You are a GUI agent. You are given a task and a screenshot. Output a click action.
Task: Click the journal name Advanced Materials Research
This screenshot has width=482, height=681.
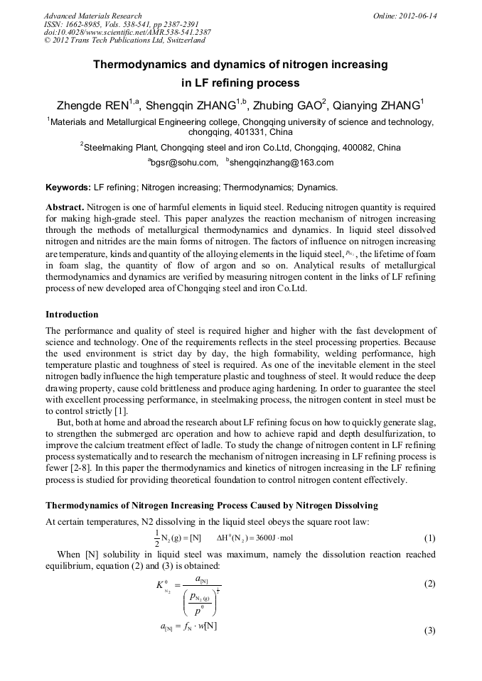pos(92,16)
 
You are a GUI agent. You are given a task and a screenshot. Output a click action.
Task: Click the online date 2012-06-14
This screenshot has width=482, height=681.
pos(415,16)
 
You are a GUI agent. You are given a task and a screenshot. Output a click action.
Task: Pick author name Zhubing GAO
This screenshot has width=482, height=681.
pos(291,106)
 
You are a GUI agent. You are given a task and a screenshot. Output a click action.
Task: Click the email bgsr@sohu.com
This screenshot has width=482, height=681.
pos(184,163)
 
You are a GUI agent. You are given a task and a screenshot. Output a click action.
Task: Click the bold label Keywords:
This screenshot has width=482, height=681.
pos(68,187)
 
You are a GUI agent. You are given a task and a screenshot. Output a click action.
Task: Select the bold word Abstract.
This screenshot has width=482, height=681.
pos(65,207)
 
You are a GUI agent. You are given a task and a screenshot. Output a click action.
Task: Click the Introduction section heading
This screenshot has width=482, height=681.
pos(72,314)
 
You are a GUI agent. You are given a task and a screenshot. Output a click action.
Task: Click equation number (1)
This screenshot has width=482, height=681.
pos(429,538)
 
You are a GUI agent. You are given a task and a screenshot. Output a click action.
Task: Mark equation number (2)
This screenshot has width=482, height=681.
pos(429,584)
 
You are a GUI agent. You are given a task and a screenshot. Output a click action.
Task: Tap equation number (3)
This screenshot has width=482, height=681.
pos(429,631)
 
